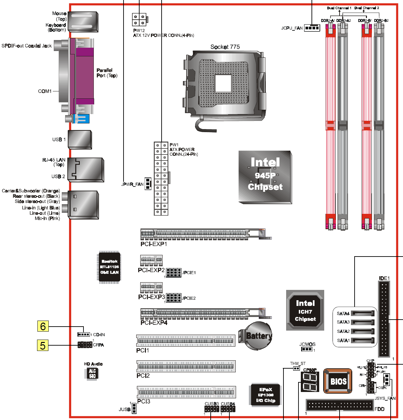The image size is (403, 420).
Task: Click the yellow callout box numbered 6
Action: [43, 326]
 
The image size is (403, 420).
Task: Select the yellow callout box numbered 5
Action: [42, 345]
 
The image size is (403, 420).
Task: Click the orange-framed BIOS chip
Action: [338, 381]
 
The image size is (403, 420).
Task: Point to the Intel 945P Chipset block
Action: [265, 177]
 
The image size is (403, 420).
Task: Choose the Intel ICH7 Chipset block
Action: [305, 310]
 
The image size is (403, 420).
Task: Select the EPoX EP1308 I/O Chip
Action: [265, 395]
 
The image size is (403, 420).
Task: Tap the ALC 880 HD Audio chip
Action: [92, 373]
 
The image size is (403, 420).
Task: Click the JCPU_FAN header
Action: [312, 28]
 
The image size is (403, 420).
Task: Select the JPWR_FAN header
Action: [148, 183]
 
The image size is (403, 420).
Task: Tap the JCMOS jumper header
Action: [307, 349]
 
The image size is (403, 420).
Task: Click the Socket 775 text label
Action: [225, 47]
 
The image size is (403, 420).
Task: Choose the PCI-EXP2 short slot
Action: [151, 260]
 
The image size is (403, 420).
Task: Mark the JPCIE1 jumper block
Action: [174, 273]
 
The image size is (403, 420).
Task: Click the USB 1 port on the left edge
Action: [80, 139]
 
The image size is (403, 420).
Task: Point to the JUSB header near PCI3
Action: [134, 408]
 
